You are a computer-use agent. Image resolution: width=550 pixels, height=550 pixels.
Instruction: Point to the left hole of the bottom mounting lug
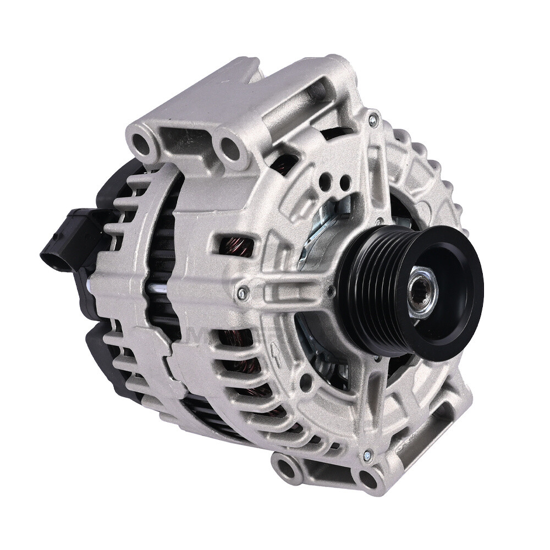pyautogui.click(x=286, y=468)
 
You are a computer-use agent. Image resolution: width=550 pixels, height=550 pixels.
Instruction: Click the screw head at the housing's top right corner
pyautogui.click(x=374, y=118)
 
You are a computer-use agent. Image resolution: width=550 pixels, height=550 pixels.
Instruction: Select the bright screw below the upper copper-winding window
pyautogui.click(x=241, y=294)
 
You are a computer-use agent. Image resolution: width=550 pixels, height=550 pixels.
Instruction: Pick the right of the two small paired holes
pyautogui.click(x=344, y=182)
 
